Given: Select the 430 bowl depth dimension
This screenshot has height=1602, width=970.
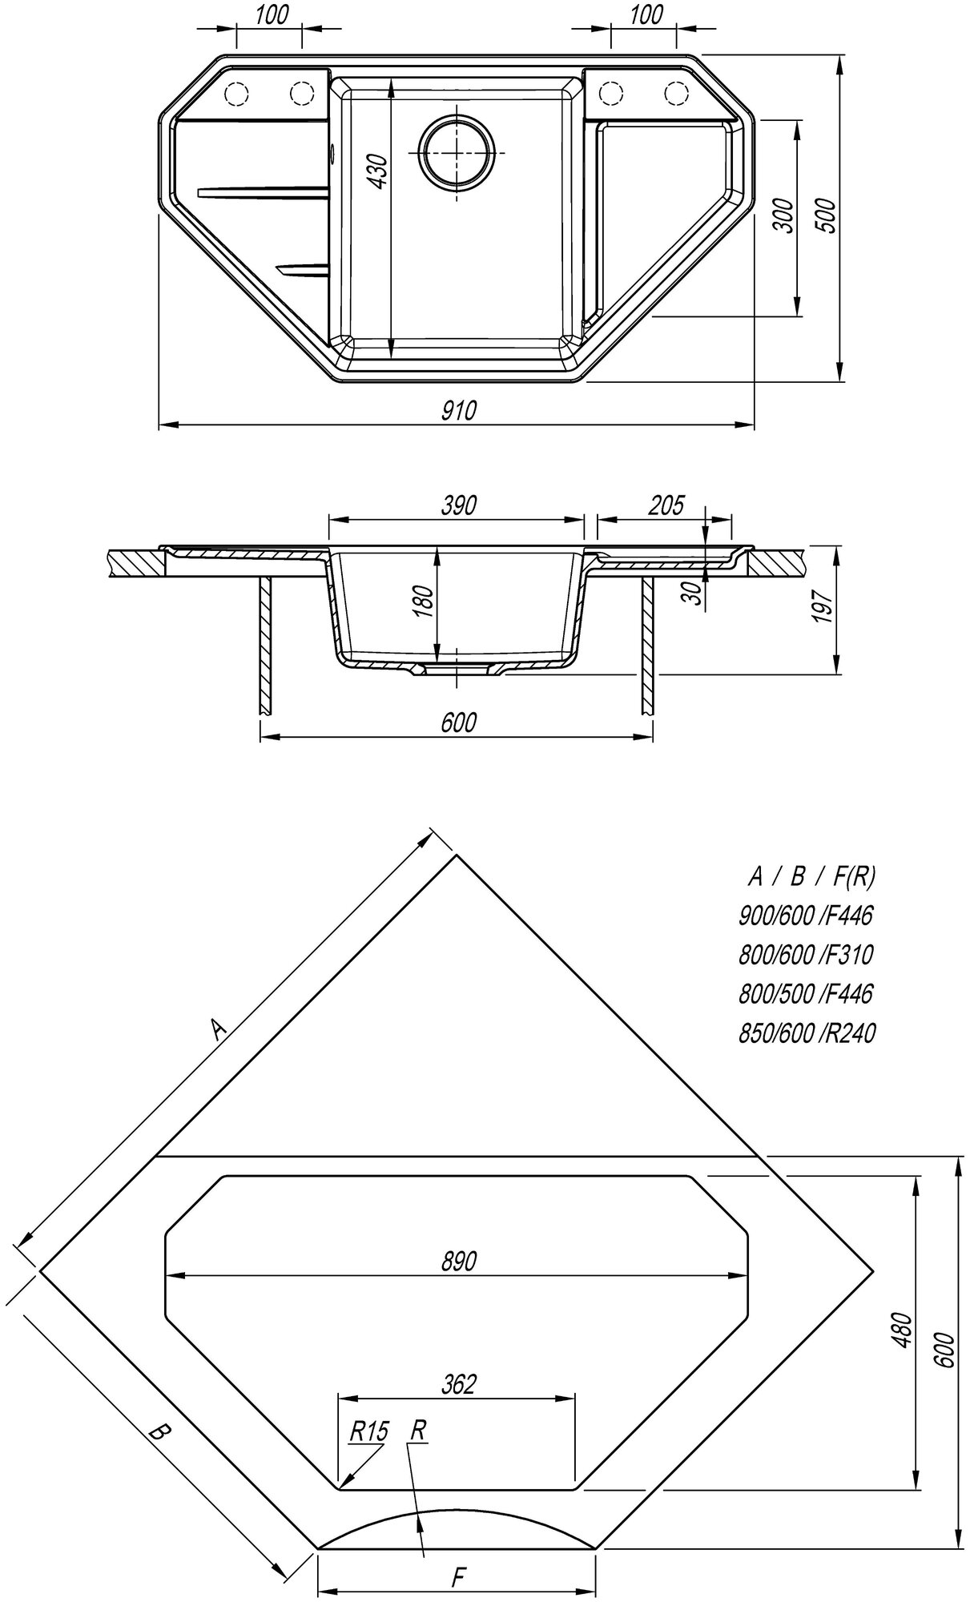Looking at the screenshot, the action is point(378,171).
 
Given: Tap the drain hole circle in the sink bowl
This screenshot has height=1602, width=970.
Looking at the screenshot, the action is point(457,151).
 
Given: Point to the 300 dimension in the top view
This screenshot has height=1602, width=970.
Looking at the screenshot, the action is point(785,215).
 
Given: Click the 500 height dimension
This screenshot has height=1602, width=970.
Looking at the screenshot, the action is point(827,215).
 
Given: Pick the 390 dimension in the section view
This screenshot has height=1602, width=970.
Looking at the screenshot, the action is point(458,505).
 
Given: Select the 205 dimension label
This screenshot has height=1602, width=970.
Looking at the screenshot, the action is point(666,505).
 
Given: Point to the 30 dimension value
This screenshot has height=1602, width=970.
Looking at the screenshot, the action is point(694,593).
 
